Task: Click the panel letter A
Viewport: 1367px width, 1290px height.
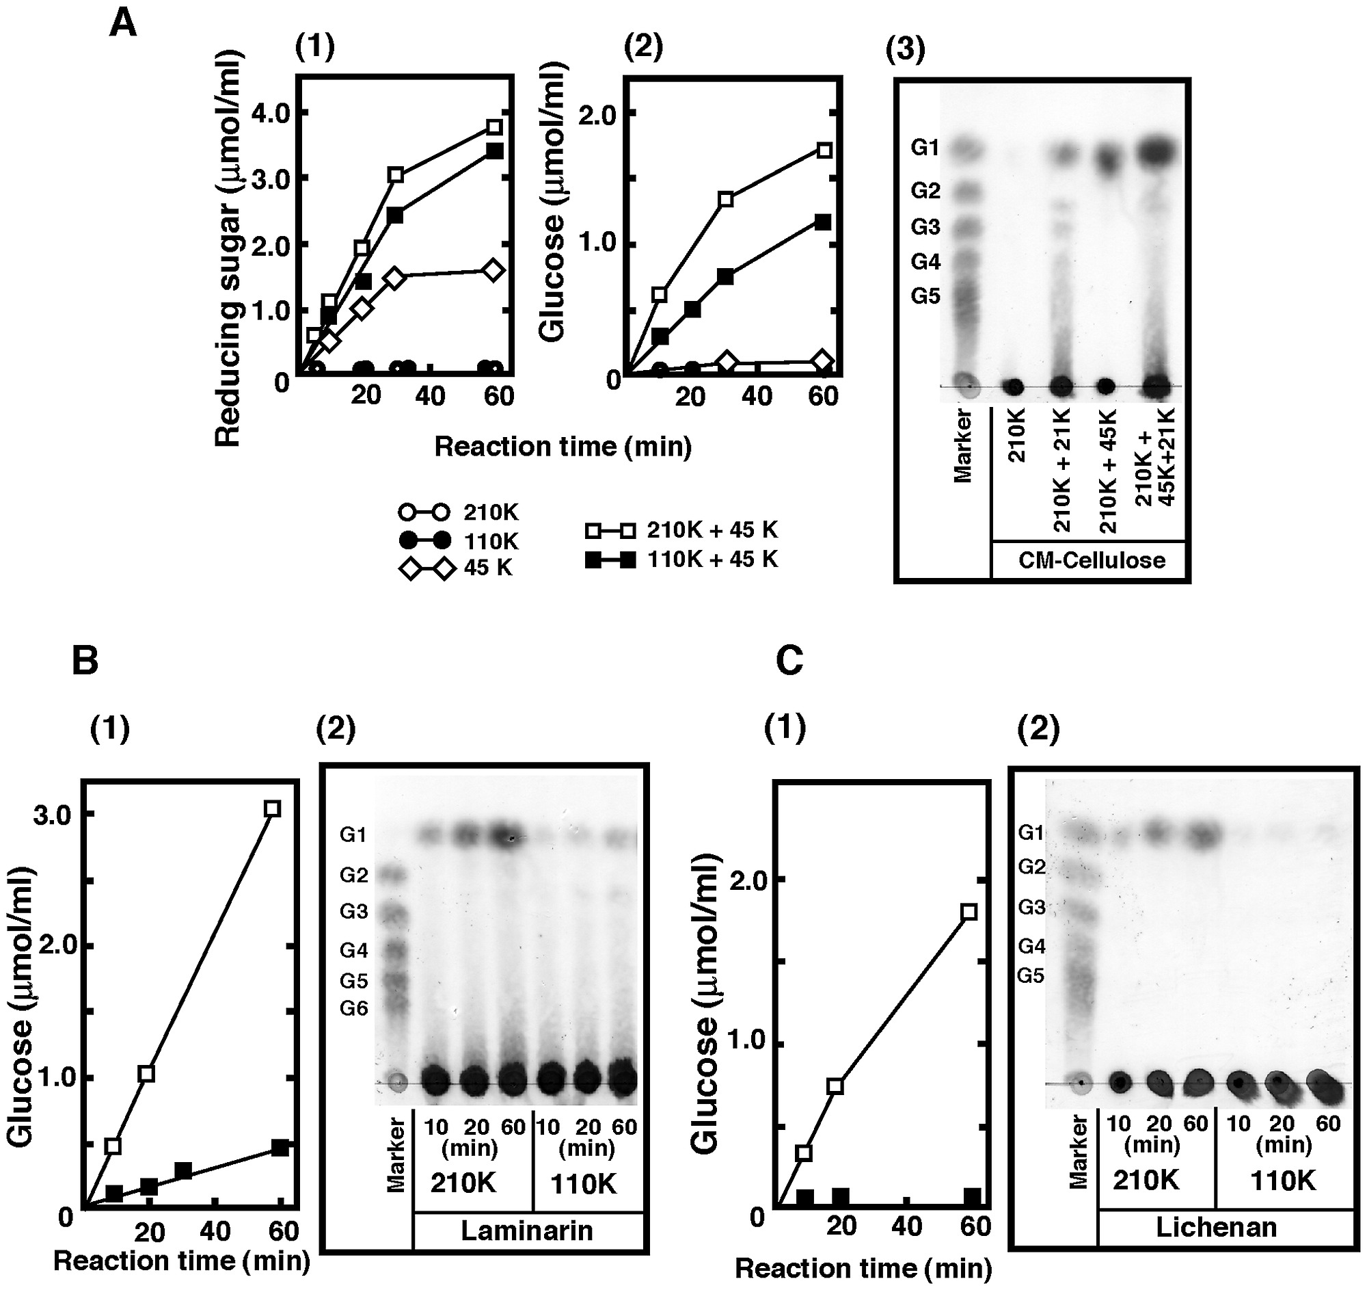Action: (x=123, y=25)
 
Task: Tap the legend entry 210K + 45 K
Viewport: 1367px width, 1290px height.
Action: (x=681, y=531)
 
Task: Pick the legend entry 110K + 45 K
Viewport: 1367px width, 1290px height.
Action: (x=681, y=560)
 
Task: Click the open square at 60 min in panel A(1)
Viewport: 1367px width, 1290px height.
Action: (x=494, y=127)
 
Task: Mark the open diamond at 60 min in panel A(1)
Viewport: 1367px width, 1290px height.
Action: (x=492, y=270)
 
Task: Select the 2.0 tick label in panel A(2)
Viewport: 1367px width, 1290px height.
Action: (x=597, y=115)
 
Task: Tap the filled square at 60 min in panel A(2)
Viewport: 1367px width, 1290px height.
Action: (x=822, y=222)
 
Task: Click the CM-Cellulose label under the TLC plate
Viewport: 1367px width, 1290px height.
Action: (x=1092, y=560)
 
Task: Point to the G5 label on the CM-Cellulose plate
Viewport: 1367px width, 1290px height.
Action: (x=925, y=297)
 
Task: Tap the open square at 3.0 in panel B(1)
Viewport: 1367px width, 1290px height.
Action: (x=273, y=808)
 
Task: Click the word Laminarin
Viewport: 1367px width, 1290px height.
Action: (x=527, y=1230)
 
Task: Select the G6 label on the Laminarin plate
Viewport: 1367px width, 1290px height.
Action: (x=354, y=1009)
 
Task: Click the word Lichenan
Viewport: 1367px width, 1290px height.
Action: (x=1216, y=1227)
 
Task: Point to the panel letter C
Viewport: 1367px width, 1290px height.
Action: (x=789, y=661)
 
